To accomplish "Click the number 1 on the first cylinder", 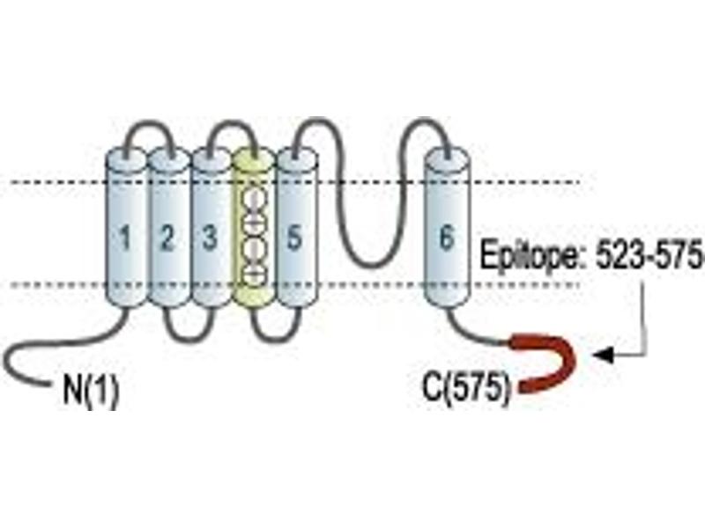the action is [x=125, y=237].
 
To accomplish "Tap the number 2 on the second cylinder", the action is [x=167, y=237].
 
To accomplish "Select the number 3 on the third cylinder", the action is [x=210, y=237].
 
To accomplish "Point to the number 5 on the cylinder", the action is [x=294, y=237].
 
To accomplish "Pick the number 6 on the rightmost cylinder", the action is [x=447, y=237].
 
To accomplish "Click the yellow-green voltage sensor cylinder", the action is [x=253, y=227].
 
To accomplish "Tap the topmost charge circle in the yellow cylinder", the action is [x=254, y=200].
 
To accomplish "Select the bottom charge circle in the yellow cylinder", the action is [x=254, y=274].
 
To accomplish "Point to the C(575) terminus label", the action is [x=466, y=388].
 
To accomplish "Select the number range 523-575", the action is [x=649, y=254].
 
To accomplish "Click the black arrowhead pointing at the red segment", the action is [x=604, y=355].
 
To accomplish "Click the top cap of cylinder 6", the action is [x=448, y=159].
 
